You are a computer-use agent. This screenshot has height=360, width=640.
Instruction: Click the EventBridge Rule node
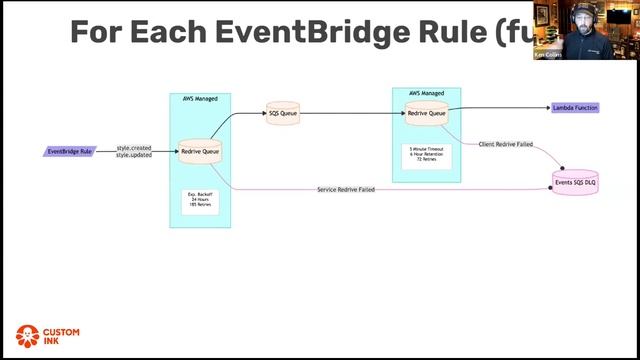(71, 151)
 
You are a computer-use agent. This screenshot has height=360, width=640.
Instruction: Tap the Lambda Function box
(575, 107)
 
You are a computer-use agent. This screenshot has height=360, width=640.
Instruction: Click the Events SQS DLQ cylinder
(575, 182)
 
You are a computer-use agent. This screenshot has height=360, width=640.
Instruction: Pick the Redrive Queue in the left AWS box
(200, 151)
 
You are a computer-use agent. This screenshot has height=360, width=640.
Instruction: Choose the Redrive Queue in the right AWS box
(426, 113)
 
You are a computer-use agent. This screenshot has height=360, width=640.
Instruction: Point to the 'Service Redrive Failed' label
(346, 189)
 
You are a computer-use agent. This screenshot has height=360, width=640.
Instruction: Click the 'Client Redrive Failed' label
(505, 144)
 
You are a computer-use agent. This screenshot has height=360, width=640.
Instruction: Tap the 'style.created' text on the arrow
(134, 148)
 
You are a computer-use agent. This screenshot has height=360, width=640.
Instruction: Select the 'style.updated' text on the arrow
(134, 155)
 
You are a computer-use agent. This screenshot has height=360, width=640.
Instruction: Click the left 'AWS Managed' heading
(200, 100)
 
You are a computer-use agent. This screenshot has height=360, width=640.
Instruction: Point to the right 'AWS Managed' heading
(426, 93)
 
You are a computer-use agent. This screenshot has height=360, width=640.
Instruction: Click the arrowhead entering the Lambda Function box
(548, 107)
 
